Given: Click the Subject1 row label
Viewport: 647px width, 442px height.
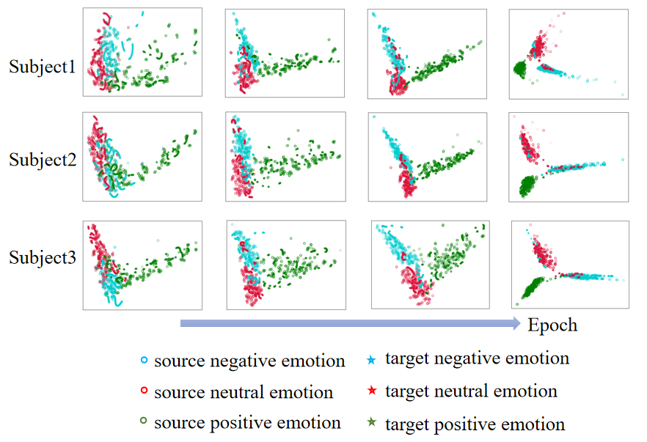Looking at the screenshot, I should click(x=42, y=67).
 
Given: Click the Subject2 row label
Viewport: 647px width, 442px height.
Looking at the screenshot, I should click(x=42, y=159).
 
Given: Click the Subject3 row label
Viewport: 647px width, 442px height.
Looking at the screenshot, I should click(x=42, y=257).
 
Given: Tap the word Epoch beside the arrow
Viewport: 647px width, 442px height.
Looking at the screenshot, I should click(x=552, y=325).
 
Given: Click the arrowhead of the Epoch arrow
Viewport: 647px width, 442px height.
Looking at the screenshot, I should click(x=515, y=323).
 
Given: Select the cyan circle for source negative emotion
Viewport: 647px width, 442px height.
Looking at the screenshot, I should click(x=145, y=361).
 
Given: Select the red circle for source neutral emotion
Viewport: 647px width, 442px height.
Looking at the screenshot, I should click(x=145, y=392).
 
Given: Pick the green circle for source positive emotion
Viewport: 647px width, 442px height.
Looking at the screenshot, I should click(x=145, y=424).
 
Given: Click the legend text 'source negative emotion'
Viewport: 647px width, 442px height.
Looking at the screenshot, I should click(x=249, y=361).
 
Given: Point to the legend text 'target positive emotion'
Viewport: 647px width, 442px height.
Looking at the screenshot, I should click(x=475, y=424).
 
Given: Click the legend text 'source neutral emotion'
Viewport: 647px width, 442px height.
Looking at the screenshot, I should click(x=244, y=392).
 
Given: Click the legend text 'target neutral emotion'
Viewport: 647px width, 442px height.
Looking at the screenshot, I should click(x=471, y=391).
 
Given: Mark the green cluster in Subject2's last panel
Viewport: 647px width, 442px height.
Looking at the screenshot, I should click(x=527, y=185).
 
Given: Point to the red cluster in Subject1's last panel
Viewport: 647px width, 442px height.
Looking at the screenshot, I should click(x=537, y=46).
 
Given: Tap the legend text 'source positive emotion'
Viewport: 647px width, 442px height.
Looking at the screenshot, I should click(x=247, y=424).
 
